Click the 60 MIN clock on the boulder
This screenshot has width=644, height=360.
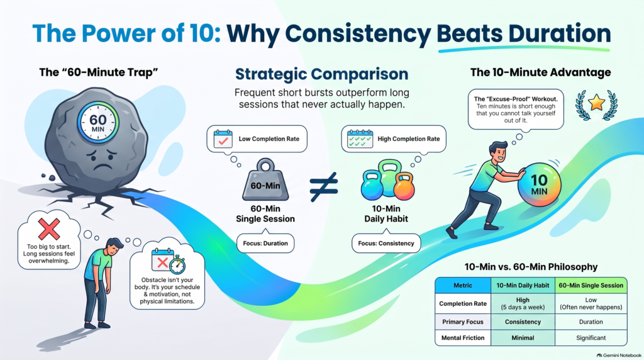click(x=97, y=123)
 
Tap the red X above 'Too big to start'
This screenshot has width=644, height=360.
click(x=49, y=229)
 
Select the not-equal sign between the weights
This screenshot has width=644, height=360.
click(x=324, y=186)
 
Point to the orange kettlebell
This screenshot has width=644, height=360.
click(x=404, y=186)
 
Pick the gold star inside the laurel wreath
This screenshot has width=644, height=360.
click(x=596, y=103)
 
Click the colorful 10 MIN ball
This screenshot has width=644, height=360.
click(x=539, y=184)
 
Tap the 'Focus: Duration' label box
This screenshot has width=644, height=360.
click(x=265, y=244)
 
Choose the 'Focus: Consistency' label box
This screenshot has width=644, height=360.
click(x=386, y=244)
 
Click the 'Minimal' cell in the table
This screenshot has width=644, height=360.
click(x=523, y=338)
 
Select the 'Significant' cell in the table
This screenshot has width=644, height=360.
click(x=591, y=338)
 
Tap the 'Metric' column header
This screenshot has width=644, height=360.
click(x=463, y=285)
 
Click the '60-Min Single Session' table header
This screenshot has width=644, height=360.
click(x=591, y=285)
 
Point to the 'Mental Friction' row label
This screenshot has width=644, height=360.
click(x=463, y=338)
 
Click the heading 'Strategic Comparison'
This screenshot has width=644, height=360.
click(x=321, y=74)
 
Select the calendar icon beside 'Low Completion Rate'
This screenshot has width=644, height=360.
click(x=223, y=139)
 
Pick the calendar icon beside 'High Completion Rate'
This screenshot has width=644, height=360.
click(x=360, y=139)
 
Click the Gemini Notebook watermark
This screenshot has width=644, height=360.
click(x=619, y=355)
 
